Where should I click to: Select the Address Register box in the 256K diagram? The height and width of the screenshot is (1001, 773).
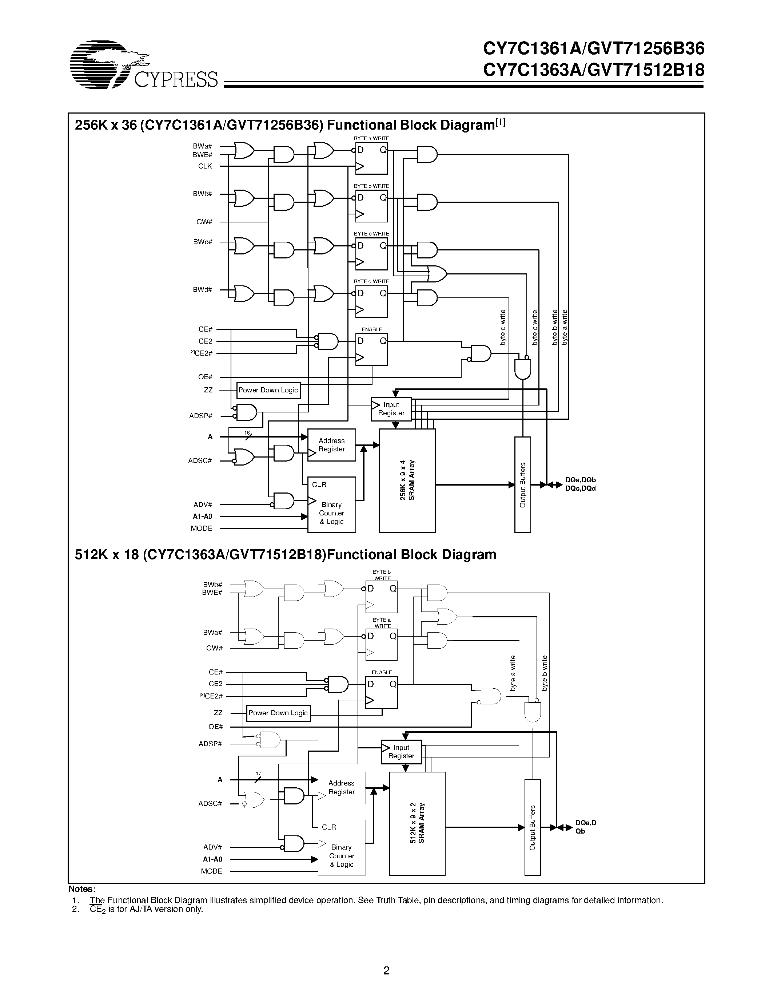pos(331,444)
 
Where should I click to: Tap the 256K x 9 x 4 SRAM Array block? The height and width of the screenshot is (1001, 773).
pos(407,480)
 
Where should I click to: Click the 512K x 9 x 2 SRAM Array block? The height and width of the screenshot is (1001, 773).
pos(417,823)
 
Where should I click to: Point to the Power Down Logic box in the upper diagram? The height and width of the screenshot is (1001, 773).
pos(268,390)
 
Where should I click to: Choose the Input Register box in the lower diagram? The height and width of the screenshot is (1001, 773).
pos(401,752)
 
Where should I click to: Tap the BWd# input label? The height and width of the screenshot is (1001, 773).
pos(202,290)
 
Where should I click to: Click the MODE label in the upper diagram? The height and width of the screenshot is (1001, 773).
pos(202,528)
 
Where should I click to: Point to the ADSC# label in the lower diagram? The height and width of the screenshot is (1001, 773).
pos(210,803)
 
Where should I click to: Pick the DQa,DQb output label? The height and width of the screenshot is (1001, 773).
pos(580,480)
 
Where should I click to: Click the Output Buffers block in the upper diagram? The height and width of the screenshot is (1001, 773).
pos(522,484)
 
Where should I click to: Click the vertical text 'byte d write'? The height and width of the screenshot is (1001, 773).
pos(502,327)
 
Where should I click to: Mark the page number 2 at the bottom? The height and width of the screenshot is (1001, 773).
pos(386,969)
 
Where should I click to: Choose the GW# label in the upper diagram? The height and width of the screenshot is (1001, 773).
pos(204,222)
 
